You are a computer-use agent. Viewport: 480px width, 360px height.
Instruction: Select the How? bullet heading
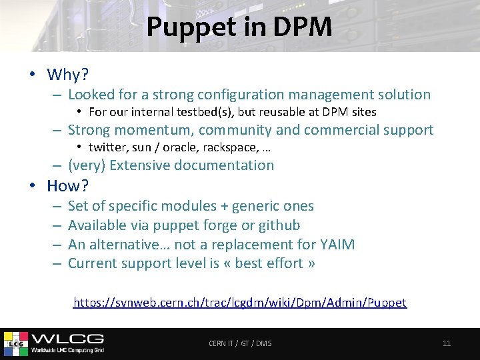tap(68, 185)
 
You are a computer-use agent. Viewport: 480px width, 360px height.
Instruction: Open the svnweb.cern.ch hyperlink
tap(240, 303)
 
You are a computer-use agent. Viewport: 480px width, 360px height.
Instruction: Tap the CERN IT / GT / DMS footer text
tap(240, 343)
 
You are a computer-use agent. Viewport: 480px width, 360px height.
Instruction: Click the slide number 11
tap(447, 343)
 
